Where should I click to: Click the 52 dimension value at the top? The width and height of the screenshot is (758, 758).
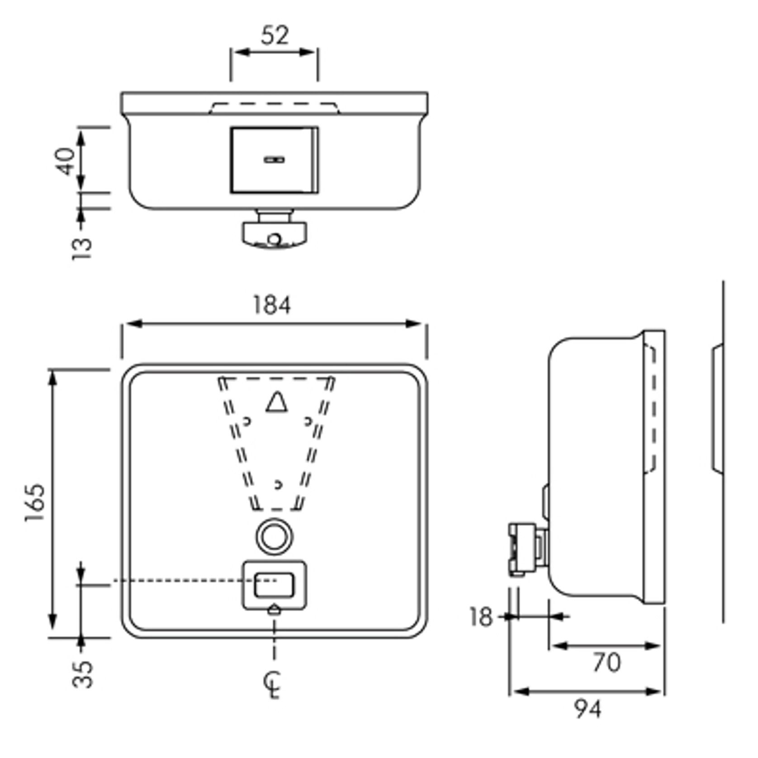tap(274, 35)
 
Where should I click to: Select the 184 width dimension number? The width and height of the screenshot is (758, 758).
tap(271, 305)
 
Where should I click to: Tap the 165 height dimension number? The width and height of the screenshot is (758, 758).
tap(35, 503)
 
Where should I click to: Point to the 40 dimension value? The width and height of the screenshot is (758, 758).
tap(66, 161)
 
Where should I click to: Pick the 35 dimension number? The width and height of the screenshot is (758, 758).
tap(83, 674)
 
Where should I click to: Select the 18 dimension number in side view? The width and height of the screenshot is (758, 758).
tap(480, 617)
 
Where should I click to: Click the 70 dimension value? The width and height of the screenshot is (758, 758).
tap(606, 663)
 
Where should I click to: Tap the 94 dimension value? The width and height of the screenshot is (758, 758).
tap(588, 709)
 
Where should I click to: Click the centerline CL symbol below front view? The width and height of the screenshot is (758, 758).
tap(273, 685)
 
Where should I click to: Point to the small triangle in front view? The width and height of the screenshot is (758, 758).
tap(276, 403)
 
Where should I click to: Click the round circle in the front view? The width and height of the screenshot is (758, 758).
tap(274, 536)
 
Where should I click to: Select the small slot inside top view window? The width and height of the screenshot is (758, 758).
tap(274, 160)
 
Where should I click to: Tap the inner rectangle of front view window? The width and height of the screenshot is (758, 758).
tap(274, 585)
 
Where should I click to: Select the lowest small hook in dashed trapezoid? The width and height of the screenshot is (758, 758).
tap(278, 484)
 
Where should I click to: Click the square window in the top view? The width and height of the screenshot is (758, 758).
tap(274, 160)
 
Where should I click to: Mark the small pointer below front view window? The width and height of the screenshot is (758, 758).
tap(275, 610)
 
